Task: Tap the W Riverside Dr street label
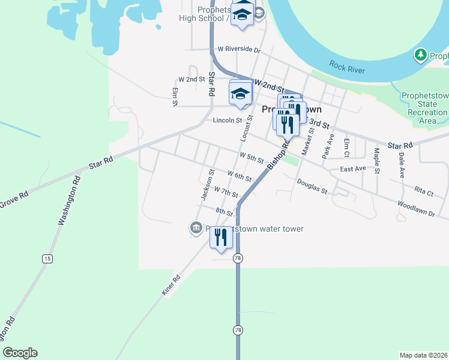pos(239,50)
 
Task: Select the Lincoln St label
pos(227,121)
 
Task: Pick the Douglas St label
pos(312,187)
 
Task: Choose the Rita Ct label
pos(423,192)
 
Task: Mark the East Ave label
pos(352,169)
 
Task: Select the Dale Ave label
pos(402,164)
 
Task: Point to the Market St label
pos(307,140)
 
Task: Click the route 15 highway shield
pos(47,259)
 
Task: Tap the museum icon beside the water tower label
pos(196,228)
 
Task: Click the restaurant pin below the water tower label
pos(220,238)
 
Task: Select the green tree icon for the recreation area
pos(421,56)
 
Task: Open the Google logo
pos(20,353)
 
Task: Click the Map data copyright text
pos(423,355)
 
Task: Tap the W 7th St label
pos(226,193)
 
